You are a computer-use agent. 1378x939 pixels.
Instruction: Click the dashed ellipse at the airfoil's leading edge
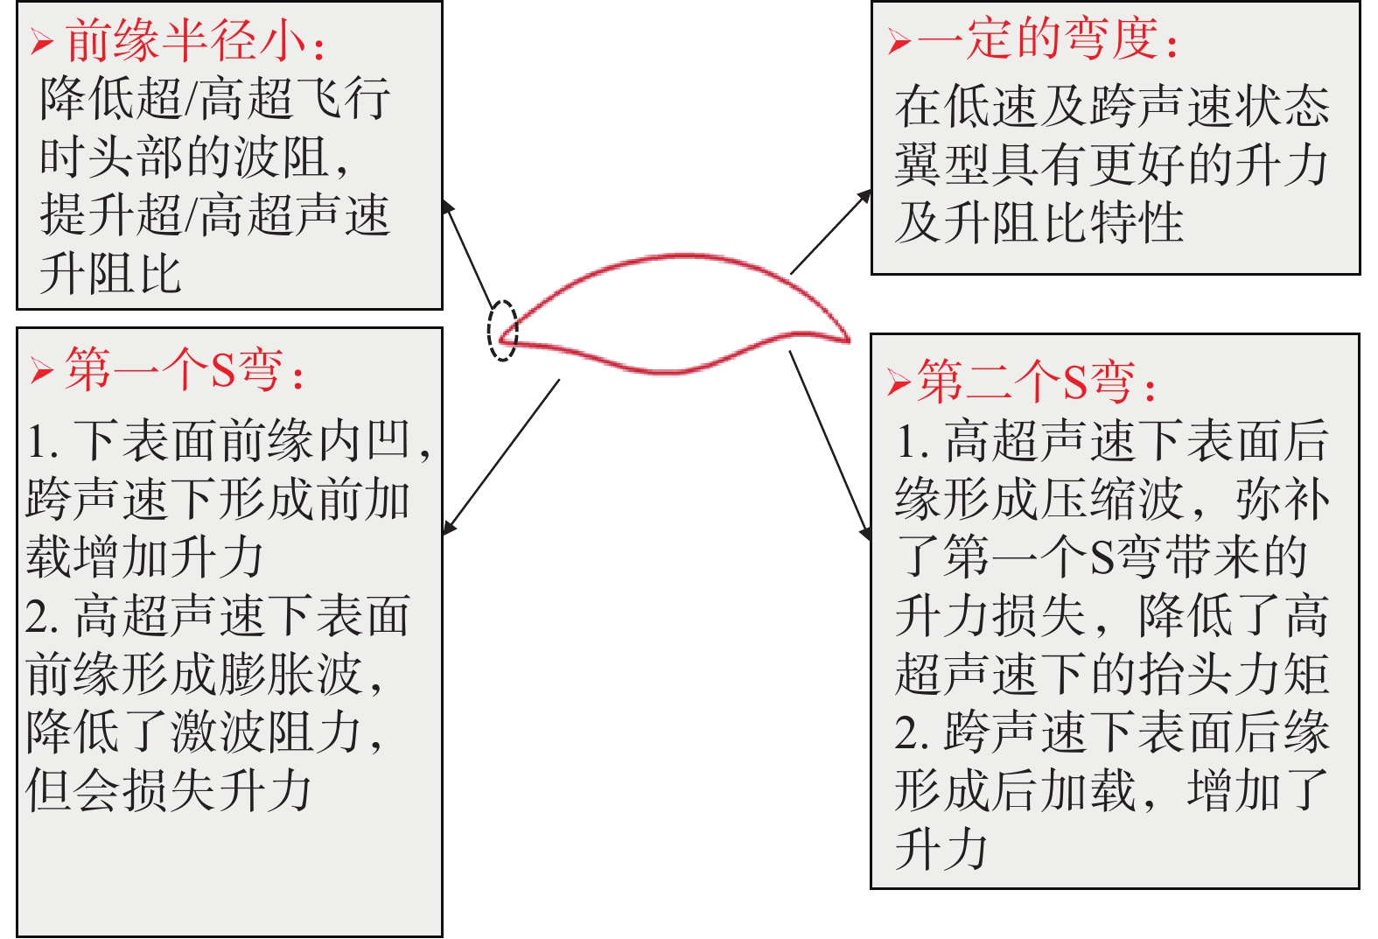click(502, 330)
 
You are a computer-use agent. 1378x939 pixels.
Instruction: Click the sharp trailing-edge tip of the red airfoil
click(847, 339)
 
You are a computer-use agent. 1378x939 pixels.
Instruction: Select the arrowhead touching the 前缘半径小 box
click(447, 207)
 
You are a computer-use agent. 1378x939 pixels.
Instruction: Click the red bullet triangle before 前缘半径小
click(41, 42)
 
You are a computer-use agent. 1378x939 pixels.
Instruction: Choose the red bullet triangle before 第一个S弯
click(40, 370)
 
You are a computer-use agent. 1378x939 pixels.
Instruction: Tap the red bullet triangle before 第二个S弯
click(899, 382)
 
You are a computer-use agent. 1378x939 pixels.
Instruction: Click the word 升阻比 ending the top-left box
click(110, 274)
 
